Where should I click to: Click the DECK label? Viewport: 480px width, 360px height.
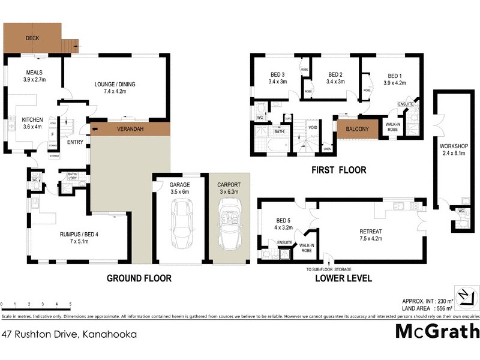click(32, 38)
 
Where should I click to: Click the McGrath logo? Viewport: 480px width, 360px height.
click(437, 331)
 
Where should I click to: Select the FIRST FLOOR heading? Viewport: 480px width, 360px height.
click(338, 170)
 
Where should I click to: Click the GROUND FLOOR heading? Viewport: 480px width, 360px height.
click(139, 278)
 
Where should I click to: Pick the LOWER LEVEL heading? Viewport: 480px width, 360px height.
click(341, 278)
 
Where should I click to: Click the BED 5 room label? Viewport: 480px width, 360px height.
click(283, 220)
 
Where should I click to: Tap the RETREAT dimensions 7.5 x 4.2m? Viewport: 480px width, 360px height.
click(370, 238)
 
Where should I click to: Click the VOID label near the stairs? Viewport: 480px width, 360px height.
click(312, 127)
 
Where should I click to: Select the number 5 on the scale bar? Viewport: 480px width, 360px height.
click(71, 304)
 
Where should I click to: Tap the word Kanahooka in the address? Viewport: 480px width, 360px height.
click(108, 334)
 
